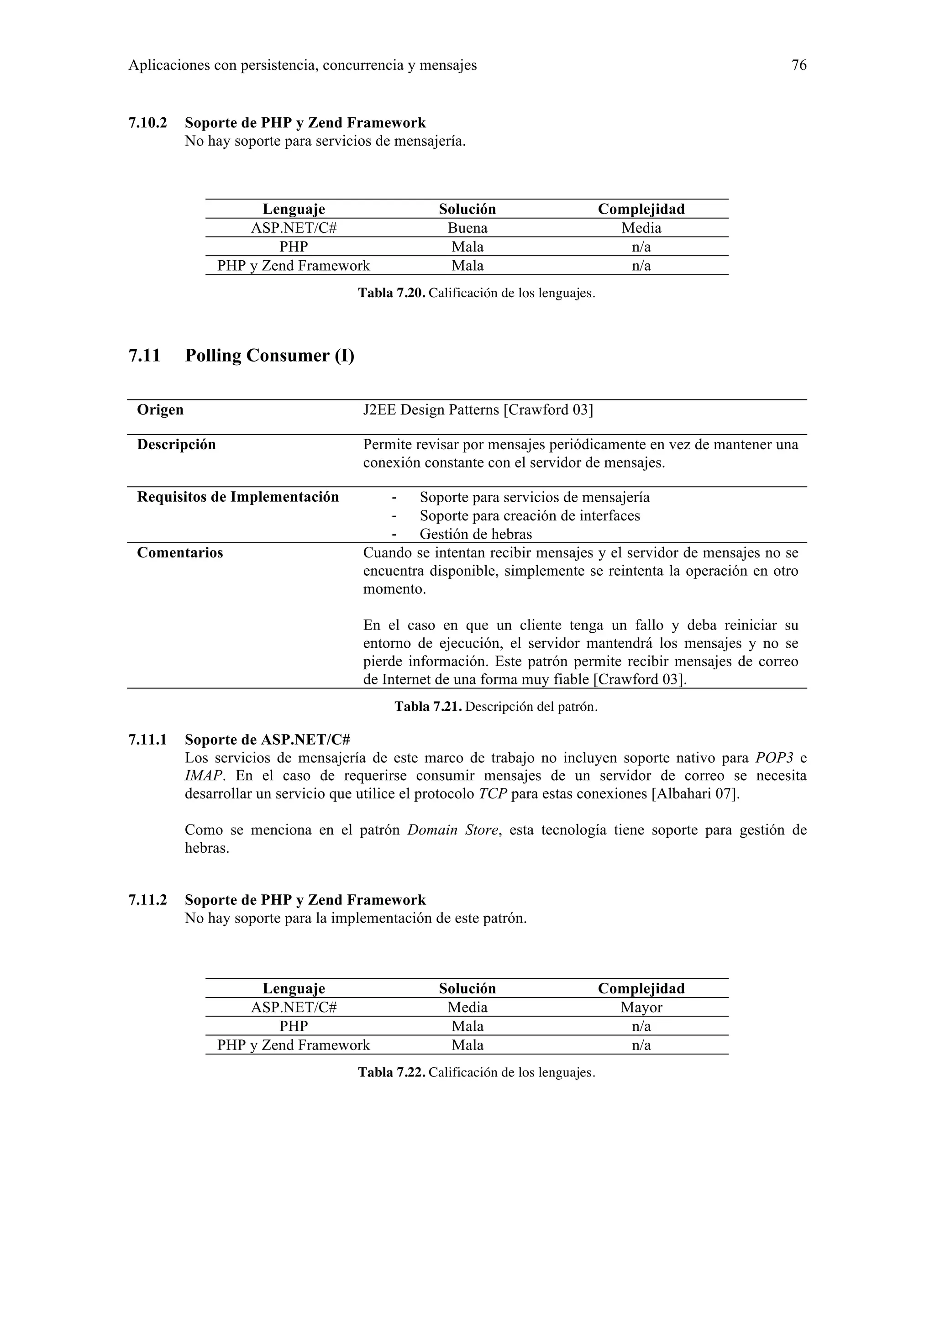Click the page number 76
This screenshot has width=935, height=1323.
tap(798, 65)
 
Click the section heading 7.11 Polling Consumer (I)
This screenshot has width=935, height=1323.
tap(241, 356)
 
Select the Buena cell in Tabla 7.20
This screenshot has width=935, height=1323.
tap(467, 228)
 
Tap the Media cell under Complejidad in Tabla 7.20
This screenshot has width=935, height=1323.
tap(641, 228)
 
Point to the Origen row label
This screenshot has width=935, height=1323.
tap(160, 409)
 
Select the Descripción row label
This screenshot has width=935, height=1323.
tap(176, 444)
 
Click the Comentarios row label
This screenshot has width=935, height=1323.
tap(180, 552)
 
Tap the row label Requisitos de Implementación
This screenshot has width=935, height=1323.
tap(238, 497)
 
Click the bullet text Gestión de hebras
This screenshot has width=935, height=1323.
tap(476, 534)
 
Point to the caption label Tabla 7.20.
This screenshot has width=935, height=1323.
tap(392, 293)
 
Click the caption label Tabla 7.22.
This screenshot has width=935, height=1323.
tap(392, 1072)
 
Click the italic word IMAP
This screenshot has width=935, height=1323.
tap(203, 776)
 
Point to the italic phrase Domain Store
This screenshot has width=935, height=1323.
tap(452, 830)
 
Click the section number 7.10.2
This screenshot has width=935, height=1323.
tap(147, 123)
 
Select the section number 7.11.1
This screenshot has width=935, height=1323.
tap(147, 739)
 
